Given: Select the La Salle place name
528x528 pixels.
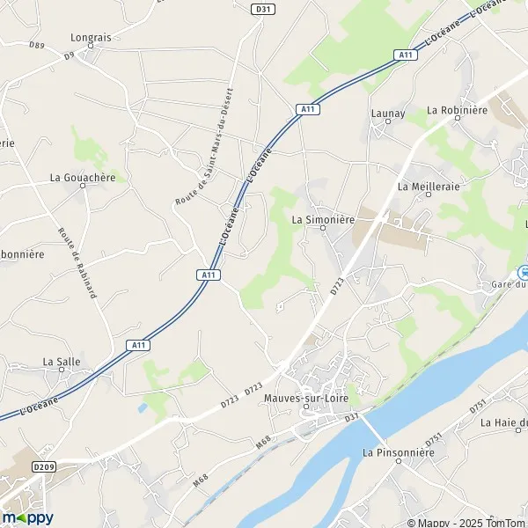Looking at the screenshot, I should click(61, 362).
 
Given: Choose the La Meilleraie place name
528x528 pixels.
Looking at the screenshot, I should click(429, 187).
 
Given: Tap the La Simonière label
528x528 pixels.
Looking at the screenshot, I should click(321, 219).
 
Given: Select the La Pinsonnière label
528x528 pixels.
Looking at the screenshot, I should click(399, 452).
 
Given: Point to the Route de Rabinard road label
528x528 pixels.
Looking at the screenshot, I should click(77, 263).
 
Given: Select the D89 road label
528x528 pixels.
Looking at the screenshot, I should click(36, 45).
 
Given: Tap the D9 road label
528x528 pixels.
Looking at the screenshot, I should click(70, 55).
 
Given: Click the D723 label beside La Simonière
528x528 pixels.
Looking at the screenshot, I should click(335, 286).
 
